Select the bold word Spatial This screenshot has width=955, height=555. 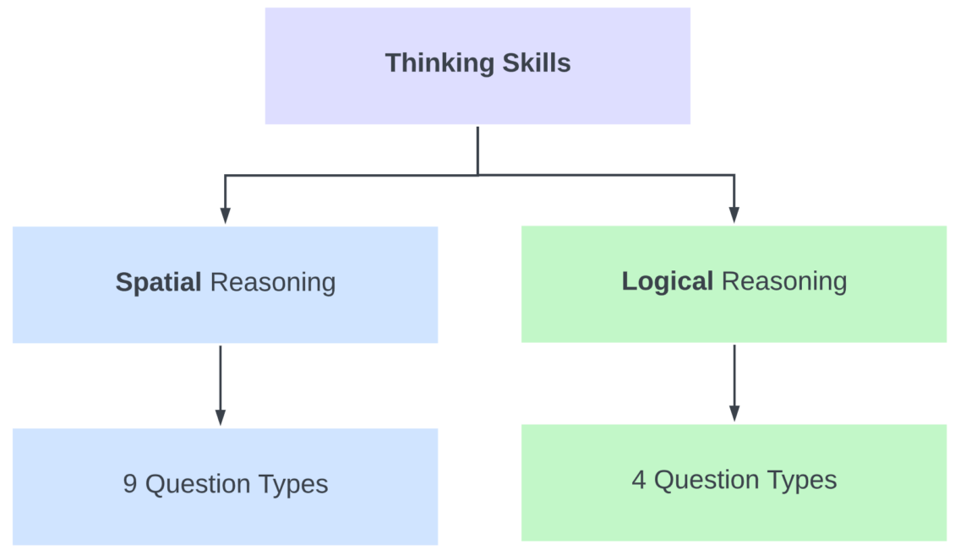pyautogui.click(x=158, y=282)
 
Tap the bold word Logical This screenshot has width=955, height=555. pyautogui.click(x=668, y=281)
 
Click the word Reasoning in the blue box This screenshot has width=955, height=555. pyautogui.click(x=272, y=282)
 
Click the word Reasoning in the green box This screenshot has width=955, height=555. pyautogui.click(x=784, y=281)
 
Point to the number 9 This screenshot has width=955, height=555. pyautogui.click(x=130, y=484)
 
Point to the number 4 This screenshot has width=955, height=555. pyautogui.click(x=639, y=480)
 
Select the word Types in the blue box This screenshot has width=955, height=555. pyautogui.click(x=290, y=484)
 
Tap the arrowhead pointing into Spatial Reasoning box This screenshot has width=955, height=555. pyautogui.click(x=225, y=215)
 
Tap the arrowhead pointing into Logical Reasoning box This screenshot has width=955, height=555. pyautogui.click(x=734, y=215)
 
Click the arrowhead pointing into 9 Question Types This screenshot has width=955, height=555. pyautogui.click(x=221, y=417)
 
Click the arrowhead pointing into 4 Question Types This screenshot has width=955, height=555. pyautogui.click(x=734, y=413)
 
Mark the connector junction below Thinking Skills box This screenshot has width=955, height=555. pyautogui.click(x=478, y=175)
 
